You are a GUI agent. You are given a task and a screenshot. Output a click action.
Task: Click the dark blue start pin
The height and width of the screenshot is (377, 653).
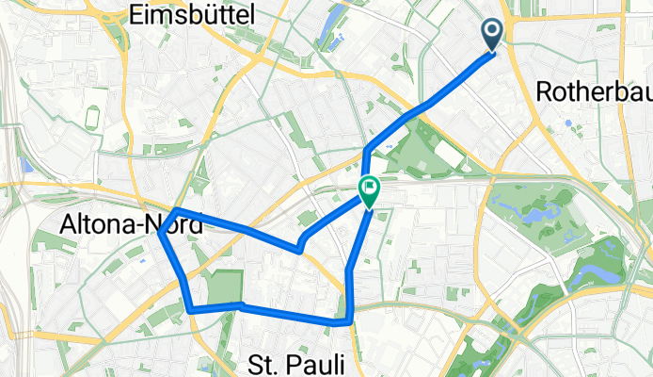pos(492,35)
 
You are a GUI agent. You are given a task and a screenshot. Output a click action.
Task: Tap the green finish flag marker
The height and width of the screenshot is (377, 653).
pos(369,191)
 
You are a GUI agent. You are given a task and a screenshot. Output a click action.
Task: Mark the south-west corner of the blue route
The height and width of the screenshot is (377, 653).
pos(191,309)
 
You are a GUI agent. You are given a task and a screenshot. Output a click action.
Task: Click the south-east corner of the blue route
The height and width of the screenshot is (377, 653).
pos(350,321)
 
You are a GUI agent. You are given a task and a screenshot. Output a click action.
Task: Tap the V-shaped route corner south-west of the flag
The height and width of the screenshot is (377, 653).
pos(299,251)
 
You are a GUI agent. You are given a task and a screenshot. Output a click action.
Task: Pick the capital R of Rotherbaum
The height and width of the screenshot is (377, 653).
pos(543,91)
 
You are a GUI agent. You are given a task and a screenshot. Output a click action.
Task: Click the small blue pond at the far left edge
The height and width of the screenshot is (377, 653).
pos(25,165)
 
